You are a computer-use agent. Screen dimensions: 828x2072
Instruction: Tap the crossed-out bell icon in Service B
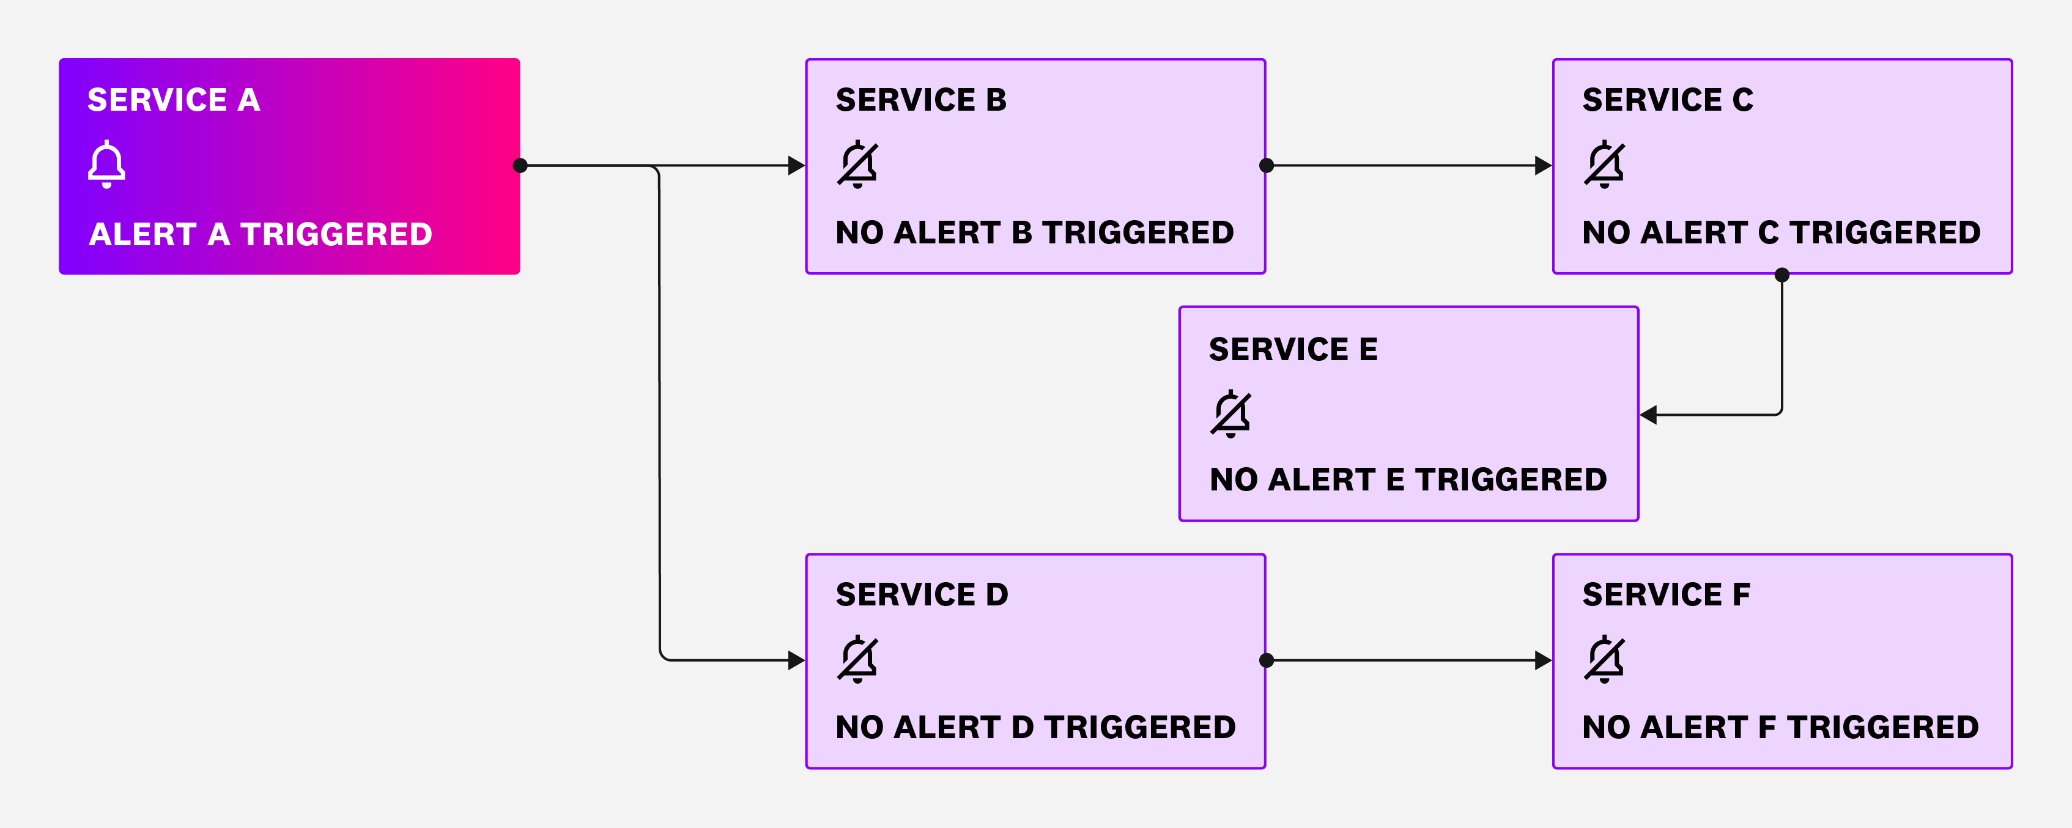(x=857, y=164)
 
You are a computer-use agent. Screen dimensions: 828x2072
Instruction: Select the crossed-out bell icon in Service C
(x=1604, y=164)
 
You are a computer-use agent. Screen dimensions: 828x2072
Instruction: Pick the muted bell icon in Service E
(x=1230, y=413)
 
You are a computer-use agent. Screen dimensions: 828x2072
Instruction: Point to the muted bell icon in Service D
(x=857, y=659)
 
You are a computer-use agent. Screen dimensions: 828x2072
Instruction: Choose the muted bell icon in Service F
(x=1604, y=659)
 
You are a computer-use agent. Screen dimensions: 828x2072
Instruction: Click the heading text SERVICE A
(x=174, y=100)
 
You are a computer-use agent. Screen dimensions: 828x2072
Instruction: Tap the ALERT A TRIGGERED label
(x=261, y=234)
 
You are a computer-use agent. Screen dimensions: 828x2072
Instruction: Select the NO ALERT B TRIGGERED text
(x=1034, y=232)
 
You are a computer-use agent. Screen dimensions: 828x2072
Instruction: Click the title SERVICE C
(x=1667, y=100)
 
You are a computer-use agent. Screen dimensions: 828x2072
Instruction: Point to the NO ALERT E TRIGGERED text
(x=1408, y=479)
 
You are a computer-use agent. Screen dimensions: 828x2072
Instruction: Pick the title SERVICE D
(x=922, y=594)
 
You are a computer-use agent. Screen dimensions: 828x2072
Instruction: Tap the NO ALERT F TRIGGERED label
(x=1780, y=728)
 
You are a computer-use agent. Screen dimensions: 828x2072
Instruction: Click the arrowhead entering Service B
(x=796, y=166)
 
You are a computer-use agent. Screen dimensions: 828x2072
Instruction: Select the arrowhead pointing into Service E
(x=1649, y=415)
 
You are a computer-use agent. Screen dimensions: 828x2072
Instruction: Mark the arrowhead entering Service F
(x=1543, y=660)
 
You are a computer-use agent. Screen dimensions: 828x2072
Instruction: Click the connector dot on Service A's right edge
(x=520, y=166)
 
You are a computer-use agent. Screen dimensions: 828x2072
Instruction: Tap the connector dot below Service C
(x=1782, y=275)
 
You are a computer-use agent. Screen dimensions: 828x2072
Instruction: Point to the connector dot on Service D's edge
(x=1266, y=660)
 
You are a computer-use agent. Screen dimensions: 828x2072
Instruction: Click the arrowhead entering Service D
(x=796, y=660)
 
